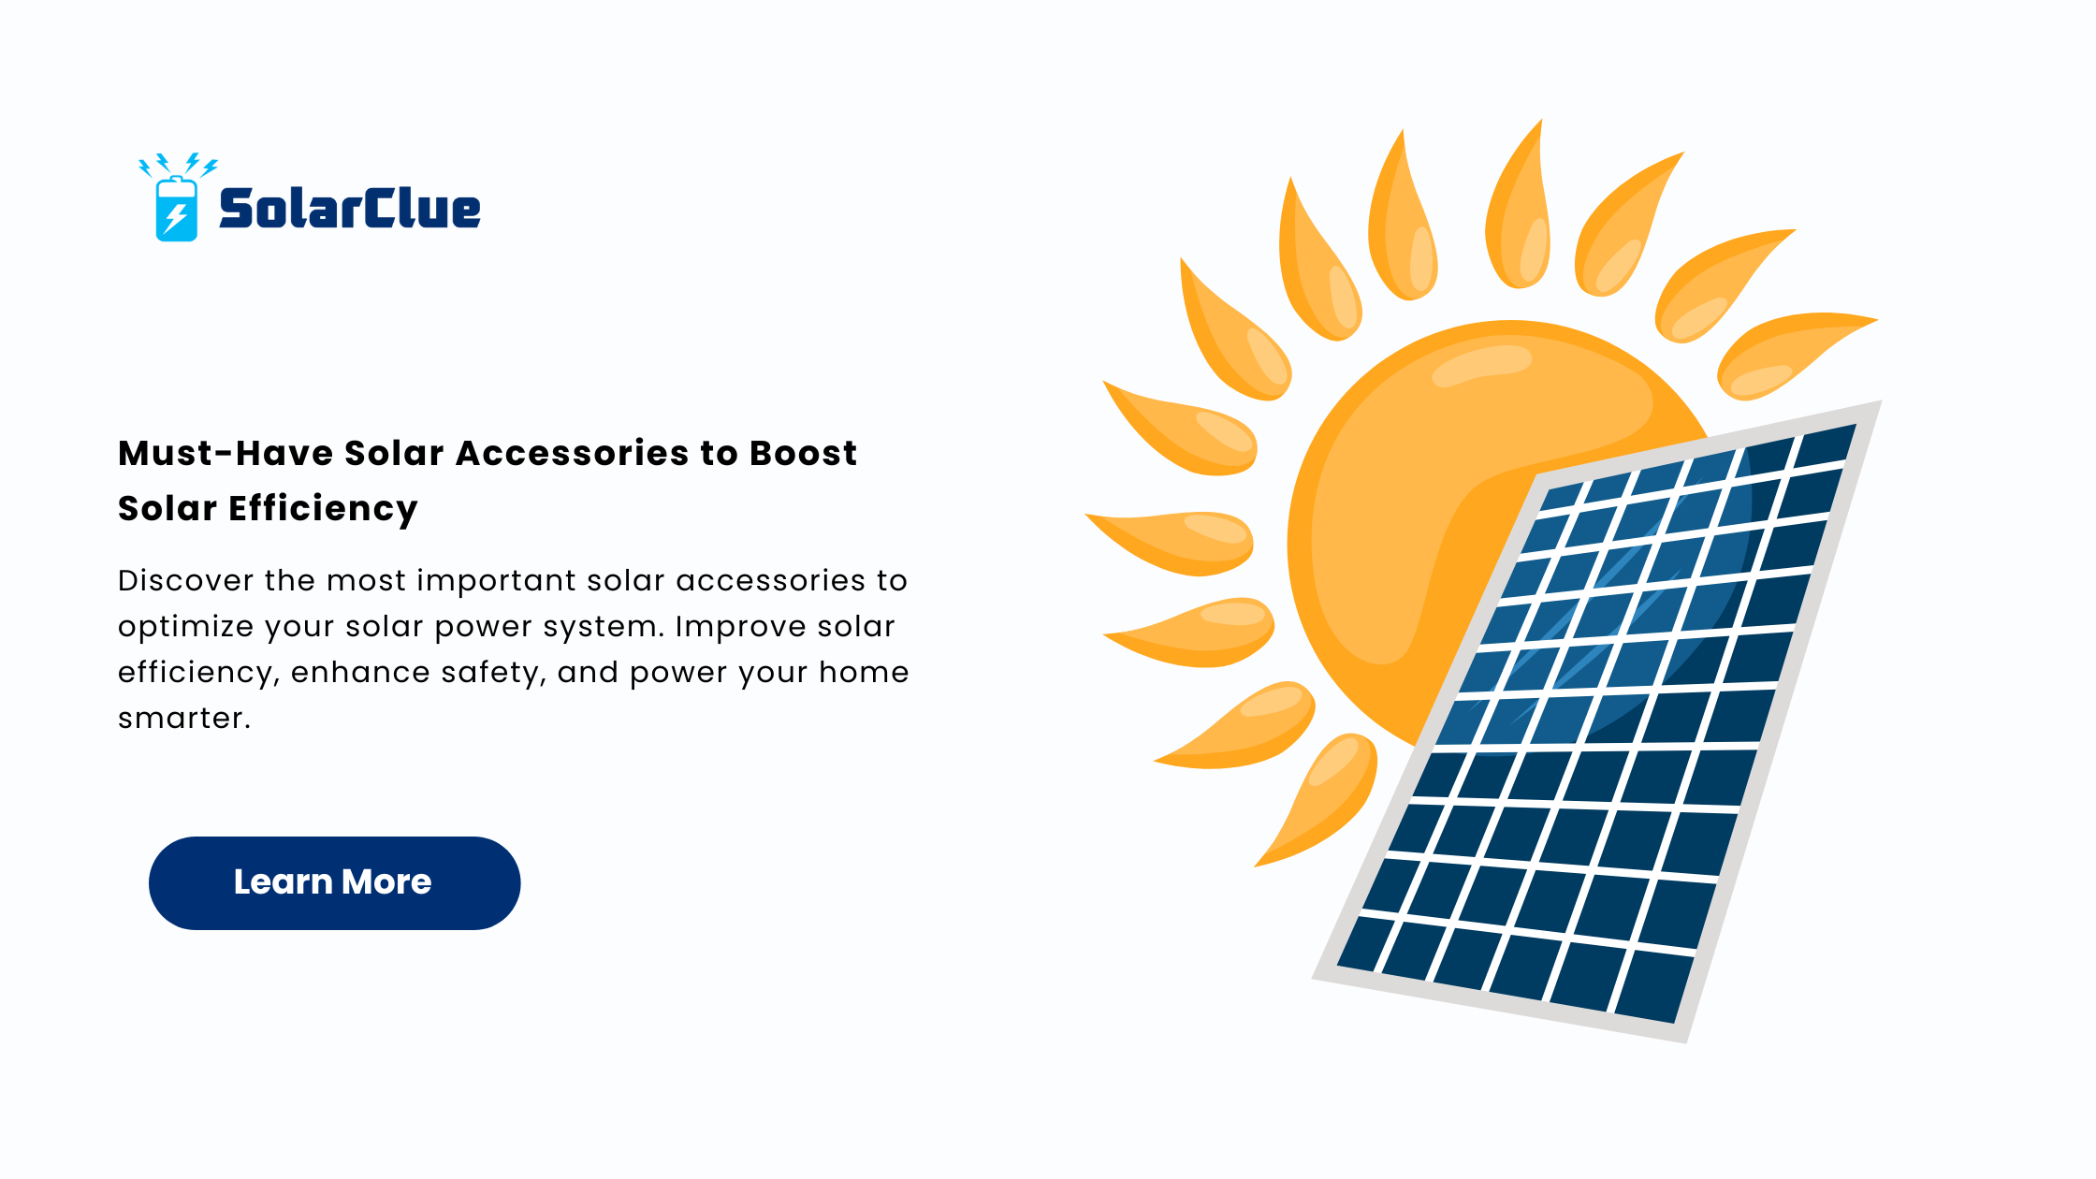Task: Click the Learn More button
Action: (334, 882)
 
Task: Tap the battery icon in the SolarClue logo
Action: (177, 209)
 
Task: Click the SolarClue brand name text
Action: (350, 208)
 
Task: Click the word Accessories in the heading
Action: (573, 453)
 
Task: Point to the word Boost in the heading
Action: (803, 453)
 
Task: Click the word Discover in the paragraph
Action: (185, 580)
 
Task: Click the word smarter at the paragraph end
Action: (183, 719)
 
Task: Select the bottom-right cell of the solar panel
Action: (1655, 987)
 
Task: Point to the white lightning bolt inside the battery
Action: (175, 217)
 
